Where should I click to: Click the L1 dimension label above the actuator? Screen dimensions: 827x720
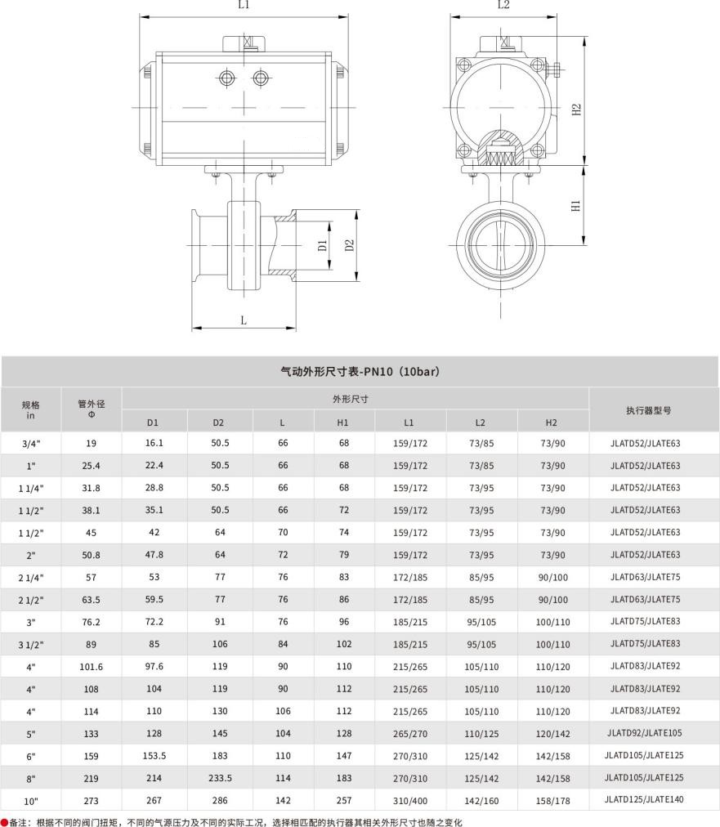tap(244, 5)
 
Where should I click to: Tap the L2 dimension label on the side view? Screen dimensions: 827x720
tap(503, 5)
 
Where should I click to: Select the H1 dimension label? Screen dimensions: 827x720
tap(575, 206)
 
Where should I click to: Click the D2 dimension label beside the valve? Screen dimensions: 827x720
tap(349, 245)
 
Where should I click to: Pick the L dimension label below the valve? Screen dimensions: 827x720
tap(244, 320)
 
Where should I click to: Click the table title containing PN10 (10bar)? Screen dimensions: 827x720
tap(360, 372)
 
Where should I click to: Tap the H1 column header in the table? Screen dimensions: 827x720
tap(343, 422)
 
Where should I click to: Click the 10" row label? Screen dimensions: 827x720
tap(30, 801)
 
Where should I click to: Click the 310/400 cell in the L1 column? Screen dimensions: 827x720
tap(409, 801)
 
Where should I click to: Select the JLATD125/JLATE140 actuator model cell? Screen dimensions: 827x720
tap(644, 800)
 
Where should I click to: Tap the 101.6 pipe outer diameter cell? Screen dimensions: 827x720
tap(91, 666)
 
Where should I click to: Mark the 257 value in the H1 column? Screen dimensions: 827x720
tap(343, 801)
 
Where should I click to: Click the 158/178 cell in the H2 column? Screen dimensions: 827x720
tap(552, 801)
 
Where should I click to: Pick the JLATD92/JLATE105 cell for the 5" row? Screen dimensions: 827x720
tap(644, 733)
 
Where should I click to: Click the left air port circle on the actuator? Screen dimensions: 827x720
tap(226, 78)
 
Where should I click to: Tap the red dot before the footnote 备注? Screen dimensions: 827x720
tap(4, 822)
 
